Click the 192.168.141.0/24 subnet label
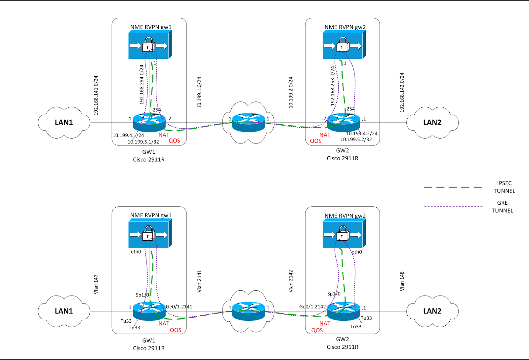[96, 95]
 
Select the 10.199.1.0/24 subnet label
[199, 93]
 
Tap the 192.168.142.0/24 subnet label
[402, 93]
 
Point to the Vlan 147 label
[96, 284]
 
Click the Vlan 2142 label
[291, 281]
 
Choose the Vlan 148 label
[402, 281]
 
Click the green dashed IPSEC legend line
[453, 187]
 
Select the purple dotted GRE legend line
[453, 207]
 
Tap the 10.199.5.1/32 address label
[143, 142]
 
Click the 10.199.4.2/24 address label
[362, 134]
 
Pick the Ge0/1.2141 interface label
[179, 307]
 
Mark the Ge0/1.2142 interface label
[312, 307]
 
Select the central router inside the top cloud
[248, 122]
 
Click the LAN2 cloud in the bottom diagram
[432, 311]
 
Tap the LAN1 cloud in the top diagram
[64, 122]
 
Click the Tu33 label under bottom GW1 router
[126, 321]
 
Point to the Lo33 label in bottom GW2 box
[356, 327]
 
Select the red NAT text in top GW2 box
[325, 135]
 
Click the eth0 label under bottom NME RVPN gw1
[136, 252]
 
